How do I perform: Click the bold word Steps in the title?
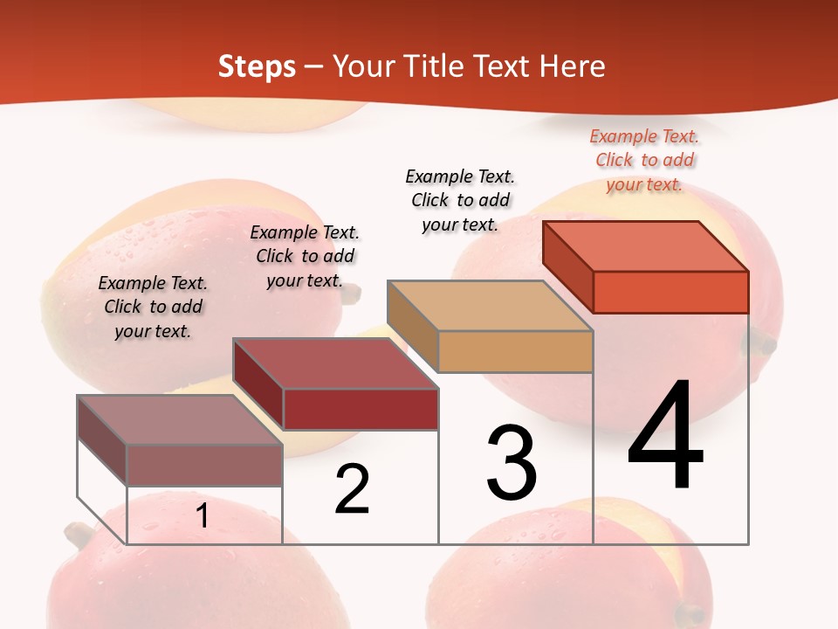pos(257,66)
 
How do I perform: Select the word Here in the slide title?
pos(573,66)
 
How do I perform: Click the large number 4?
pos(665,437)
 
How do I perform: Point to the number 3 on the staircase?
pos(512,463)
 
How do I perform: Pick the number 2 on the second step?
pos(353,490)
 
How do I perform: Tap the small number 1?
pos(202,516)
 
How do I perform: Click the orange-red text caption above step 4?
pos(644,160)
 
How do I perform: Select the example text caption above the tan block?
pos(460,200)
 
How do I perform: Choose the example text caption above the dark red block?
pos(305,256)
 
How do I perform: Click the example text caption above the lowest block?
pos(153,307)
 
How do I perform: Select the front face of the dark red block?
pos(361,409)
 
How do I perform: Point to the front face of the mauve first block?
pos(204,465)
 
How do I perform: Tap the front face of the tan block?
pos(515,351)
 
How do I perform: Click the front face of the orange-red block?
pos(670,292)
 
